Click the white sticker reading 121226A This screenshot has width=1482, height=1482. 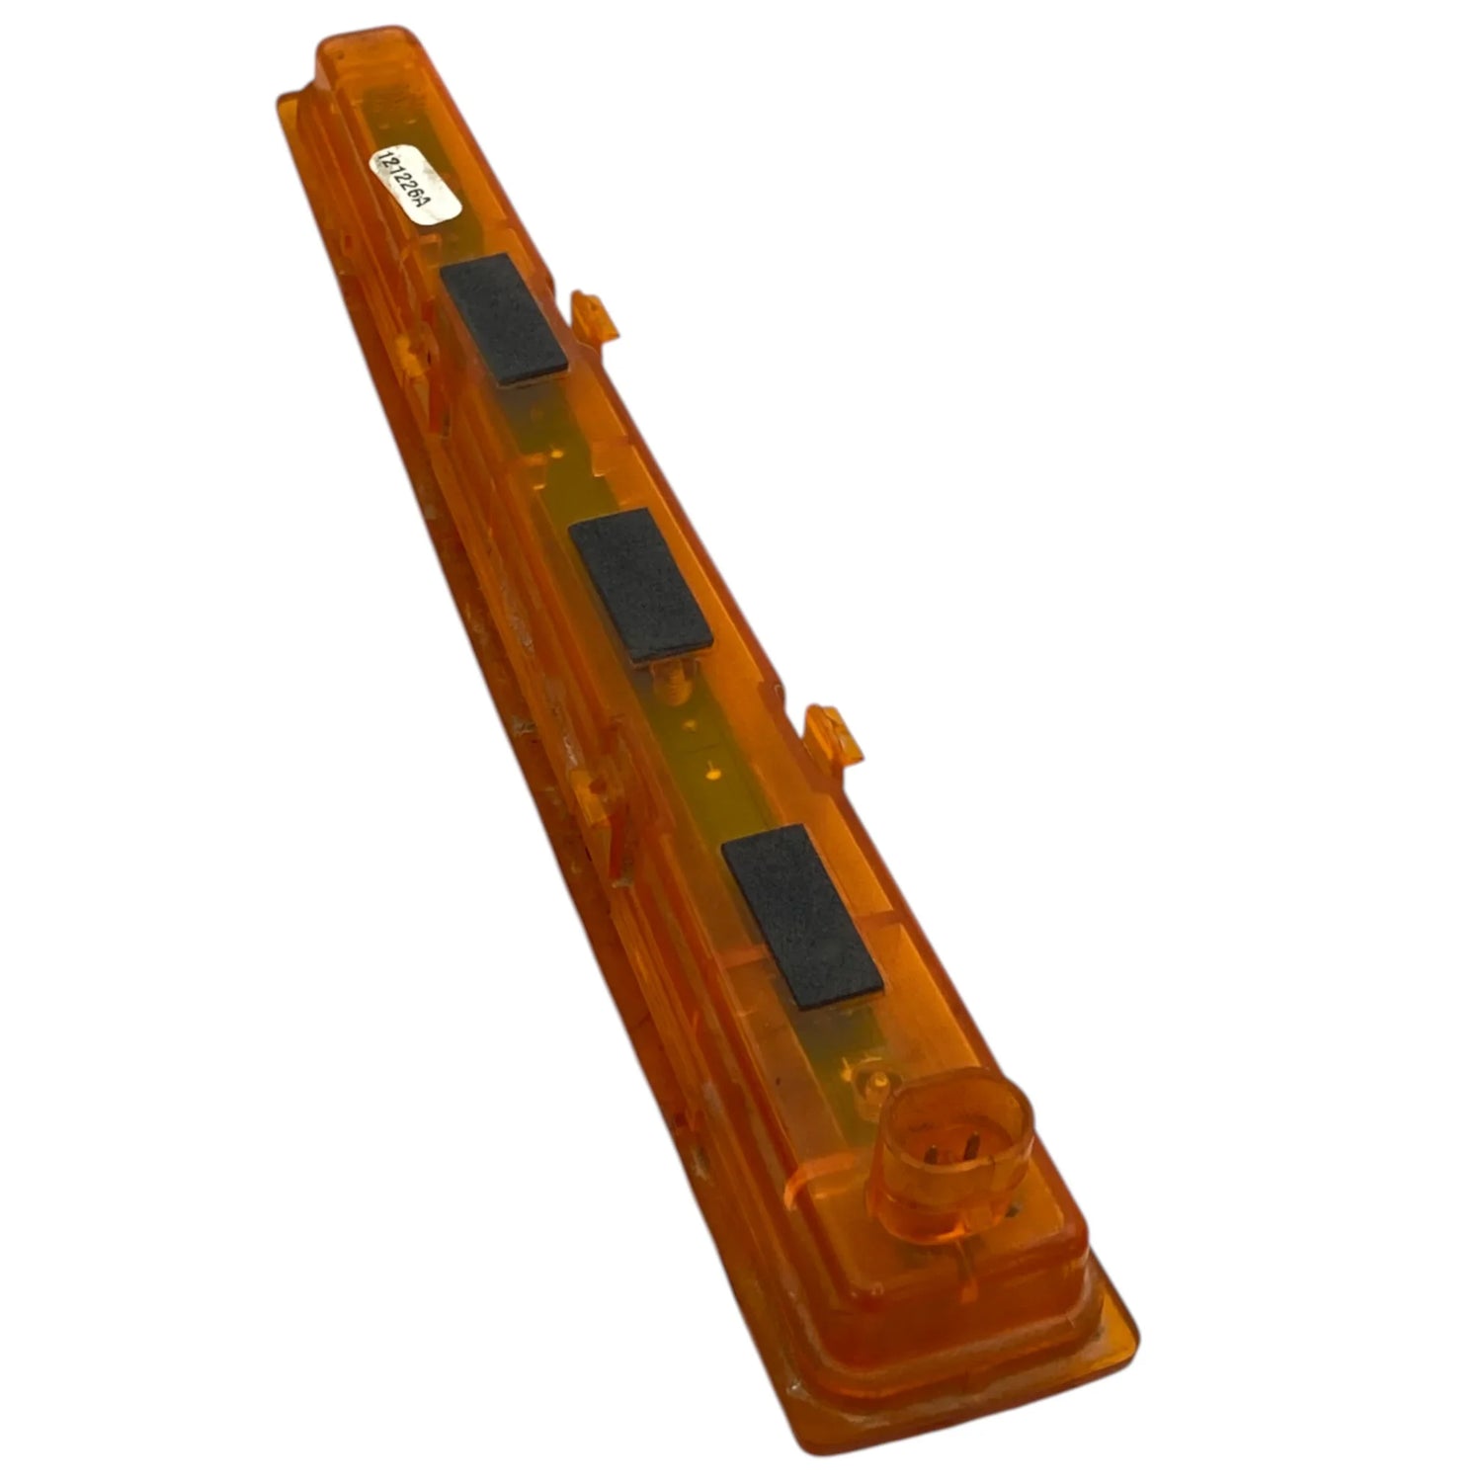415,187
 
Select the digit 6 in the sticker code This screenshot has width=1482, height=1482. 416,194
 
